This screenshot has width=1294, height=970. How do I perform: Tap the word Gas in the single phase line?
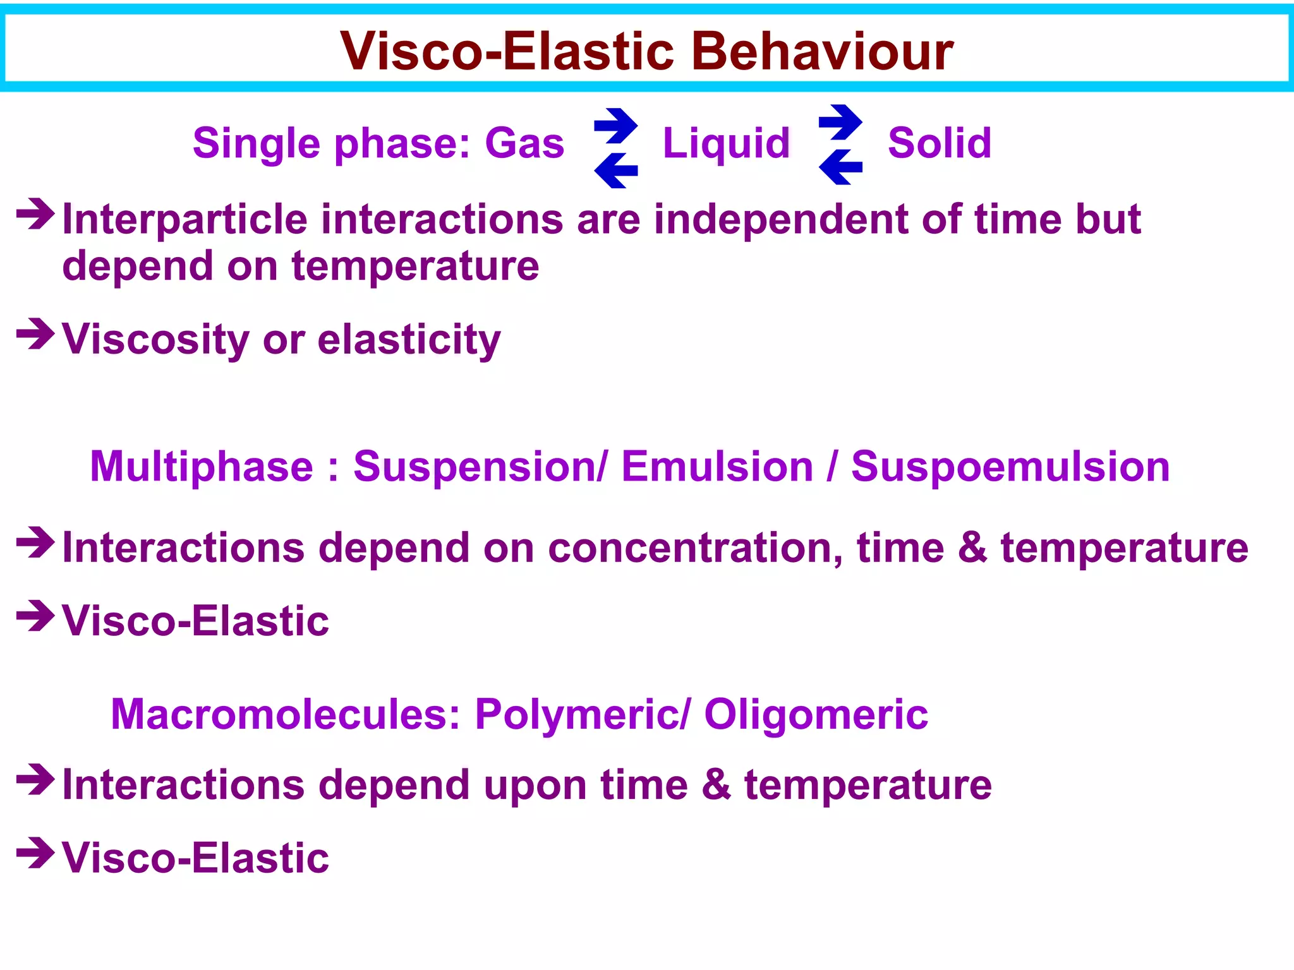pyautogui.click(x=524, y=143)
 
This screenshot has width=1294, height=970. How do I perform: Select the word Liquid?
pyautogui.click(x=726, y=143)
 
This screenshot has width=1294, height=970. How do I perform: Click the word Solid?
pyautogui.click(x=940, y=143)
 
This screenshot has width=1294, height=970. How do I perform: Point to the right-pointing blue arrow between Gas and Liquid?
pyautogui.click(x=616, y=126)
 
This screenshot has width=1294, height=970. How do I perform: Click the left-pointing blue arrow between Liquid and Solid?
pyautogui.click(x=840, y=167)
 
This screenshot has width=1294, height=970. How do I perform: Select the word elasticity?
pyautogui.click(x=409, y=340)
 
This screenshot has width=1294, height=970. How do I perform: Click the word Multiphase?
pyautogui.click(x=202, y=467)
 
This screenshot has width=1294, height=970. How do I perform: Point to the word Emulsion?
pyautogui.click(x=717, y=467)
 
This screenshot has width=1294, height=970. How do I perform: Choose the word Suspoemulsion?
pyautogui.click(x=1010, y=467)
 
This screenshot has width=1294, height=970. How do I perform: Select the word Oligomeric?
pyautogui.click(x=816, y=715)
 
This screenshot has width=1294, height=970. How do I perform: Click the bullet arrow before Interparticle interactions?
pyautogui.click(x=36, y=214)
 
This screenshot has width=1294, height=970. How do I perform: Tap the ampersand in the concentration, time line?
pyautogui.click(x=972, y=548)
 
